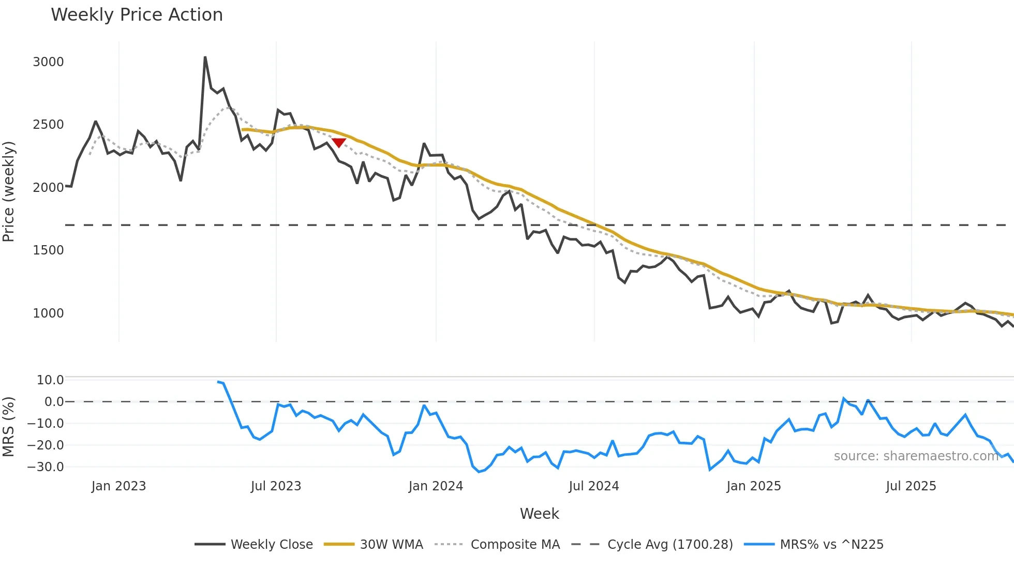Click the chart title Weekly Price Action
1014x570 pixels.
[137, 15]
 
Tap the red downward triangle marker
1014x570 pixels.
[339, 142]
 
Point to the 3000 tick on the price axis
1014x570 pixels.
[48, 62]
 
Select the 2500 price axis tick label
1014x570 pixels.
[48, 125]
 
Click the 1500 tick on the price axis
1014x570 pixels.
[48, 250]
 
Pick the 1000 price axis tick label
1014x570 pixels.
[48, 313]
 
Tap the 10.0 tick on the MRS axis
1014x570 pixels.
[50, 380]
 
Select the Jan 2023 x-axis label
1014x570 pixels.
[118, 486]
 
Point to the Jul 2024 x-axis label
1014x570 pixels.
[593, 486]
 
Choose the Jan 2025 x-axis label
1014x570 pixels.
[753, 486]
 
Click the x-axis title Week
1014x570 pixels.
[539, 514]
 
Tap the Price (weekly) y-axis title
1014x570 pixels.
[8, 191]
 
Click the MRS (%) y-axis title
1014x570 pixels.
[8, 427]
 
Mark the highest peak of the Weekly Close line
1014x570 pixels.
[205, 57]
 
